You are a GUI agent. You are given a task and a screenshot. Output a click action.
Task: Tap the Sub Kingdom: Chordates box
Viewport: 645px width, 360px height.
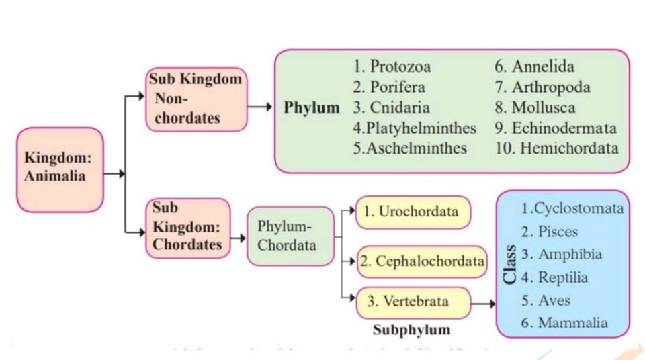187,228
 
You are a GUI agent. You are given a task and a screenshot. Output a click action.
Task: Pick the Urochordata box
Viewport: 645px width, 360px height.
412,212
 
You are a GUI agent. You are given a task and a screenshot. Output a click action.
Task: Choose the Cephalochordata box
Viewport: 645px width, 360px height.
422,261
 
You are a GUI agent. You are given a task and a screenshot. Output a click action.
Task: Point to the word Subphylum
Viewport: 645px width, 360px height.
411,330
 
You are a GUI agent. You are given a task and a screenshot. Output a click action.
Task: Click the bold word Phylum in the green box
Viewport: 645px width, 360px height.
312,107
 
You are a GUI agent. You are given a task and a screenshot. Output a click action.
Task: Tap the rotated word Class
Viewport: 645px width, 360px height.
511,266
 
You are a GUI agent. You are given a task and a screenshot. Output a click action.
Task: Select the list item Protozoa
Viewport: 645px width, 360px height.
392,66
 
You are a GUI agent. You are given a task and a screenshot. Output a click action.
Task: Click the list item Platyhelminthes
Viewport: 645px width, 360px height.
415,128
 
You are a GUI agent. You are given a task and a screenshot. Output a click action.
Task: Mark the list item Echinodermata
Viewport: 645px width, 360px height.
556,128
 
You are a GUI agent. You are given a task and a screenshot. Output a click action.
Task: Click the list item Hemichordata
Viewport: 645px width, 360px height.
557,148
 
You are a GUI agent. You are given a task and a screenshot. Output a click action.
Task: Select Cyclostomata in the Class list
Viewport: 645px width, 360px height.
572,208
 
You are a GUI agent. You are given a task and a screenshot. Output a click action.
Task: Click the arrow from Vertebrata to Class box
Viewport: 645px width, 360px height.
483,304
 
